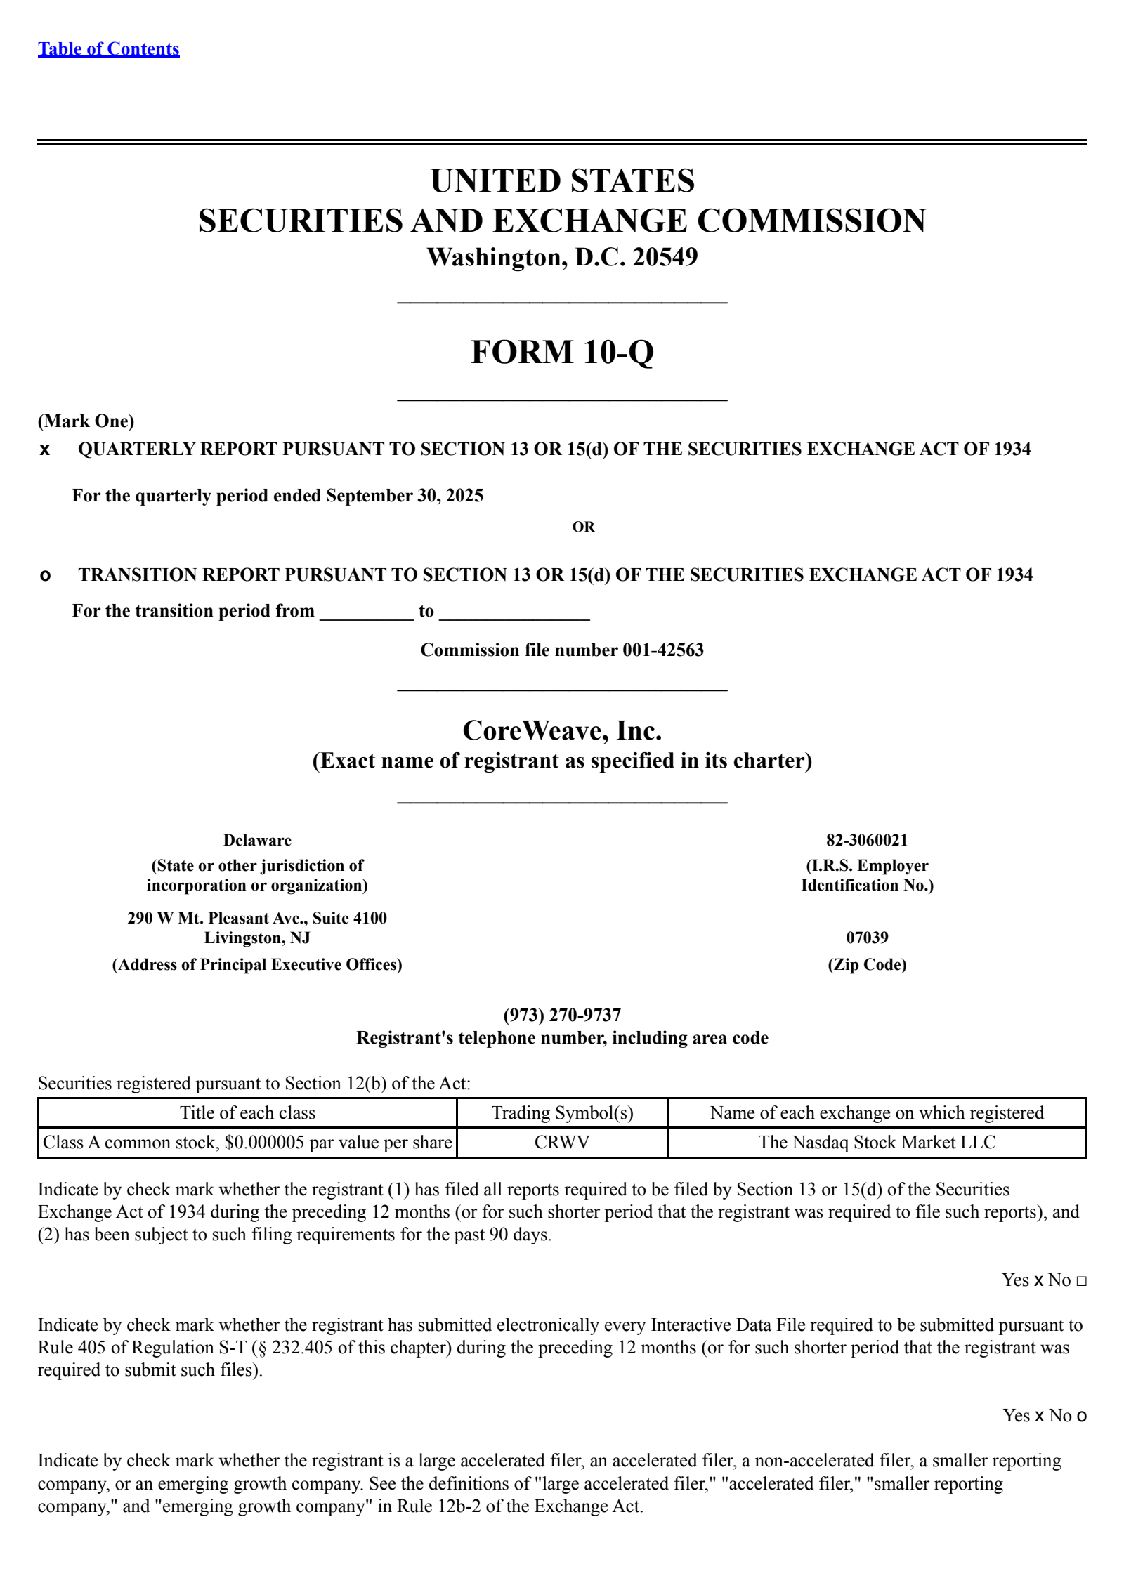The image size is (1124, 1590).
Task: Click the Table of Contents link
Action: click(108, 49)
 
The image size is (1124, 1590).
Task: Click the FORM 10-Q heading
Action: click(562, 352)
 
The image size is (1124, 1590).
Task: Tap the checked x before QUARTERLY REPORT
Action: click(45, 450)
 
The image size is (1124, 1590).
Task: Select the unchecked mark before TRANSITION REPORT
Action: click(45, 576)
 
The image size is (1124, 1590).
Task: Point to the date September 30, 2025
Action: click(405, 496)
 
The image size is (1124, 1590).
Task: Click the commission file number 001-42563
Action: click(662, 650)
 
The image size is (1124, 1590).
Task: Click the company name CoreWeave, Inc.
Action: click(562, 731)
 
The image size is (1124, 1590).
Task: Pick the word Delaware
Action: click(257, 841)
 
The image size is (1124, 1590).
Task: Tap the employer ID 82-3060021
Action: click(866, 841)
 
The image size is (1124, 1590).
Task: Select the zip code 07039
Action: click(866, 938)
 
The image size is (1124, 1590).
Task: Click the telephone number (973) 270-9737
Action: click(562, 1016)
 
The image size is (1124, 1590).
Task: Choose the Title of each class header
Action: click(247, 1113)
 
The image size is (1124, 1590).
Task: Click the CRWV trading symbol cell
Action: click(562, 1143)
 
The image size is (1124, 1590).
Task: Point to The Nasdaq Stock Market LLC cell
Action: click(877, 1143)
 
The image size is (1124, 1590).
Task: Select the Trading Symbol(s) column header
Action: click(562, 1113)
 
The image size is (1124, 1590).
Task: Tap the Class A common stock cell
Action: click(247, 1143)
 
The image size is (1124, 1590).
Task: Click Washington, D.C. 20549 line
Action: click(562, 258)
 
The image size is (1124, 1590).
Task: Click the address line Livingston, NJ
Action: click(257, 938)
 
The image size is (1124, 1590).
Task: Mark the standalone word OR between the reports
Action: click(583, 527)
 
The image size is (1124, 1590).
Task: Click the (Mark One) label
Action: click(86, 421)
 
